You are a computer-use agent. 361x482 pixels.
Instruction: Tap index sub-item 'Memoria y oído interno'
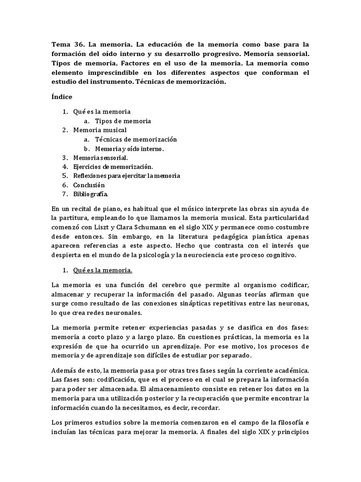[x=129, y=149]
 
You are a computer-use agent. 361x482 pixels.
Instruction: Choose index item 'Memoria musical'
[x=100, y=130]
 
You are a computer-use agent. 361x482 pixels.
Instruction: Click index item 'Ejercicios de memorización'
[x=113, y=167]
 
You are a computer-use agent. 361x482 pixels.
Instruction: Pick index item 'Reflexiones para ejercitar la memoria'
[x=126, y=176]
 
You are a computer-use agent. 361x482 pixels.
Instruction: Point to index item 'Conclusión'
[x=89, y=185]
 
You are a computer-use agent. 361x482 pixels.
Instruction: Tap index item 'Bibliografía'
[x=91, y=194]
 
